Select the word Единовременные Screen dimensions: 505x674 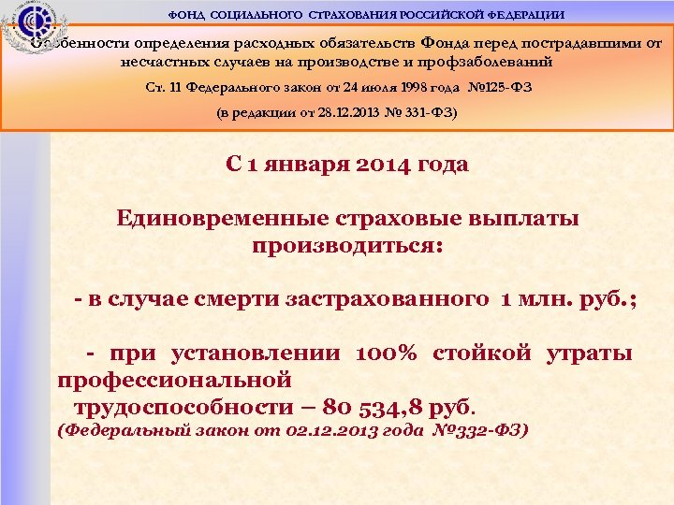pos(221,219)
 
